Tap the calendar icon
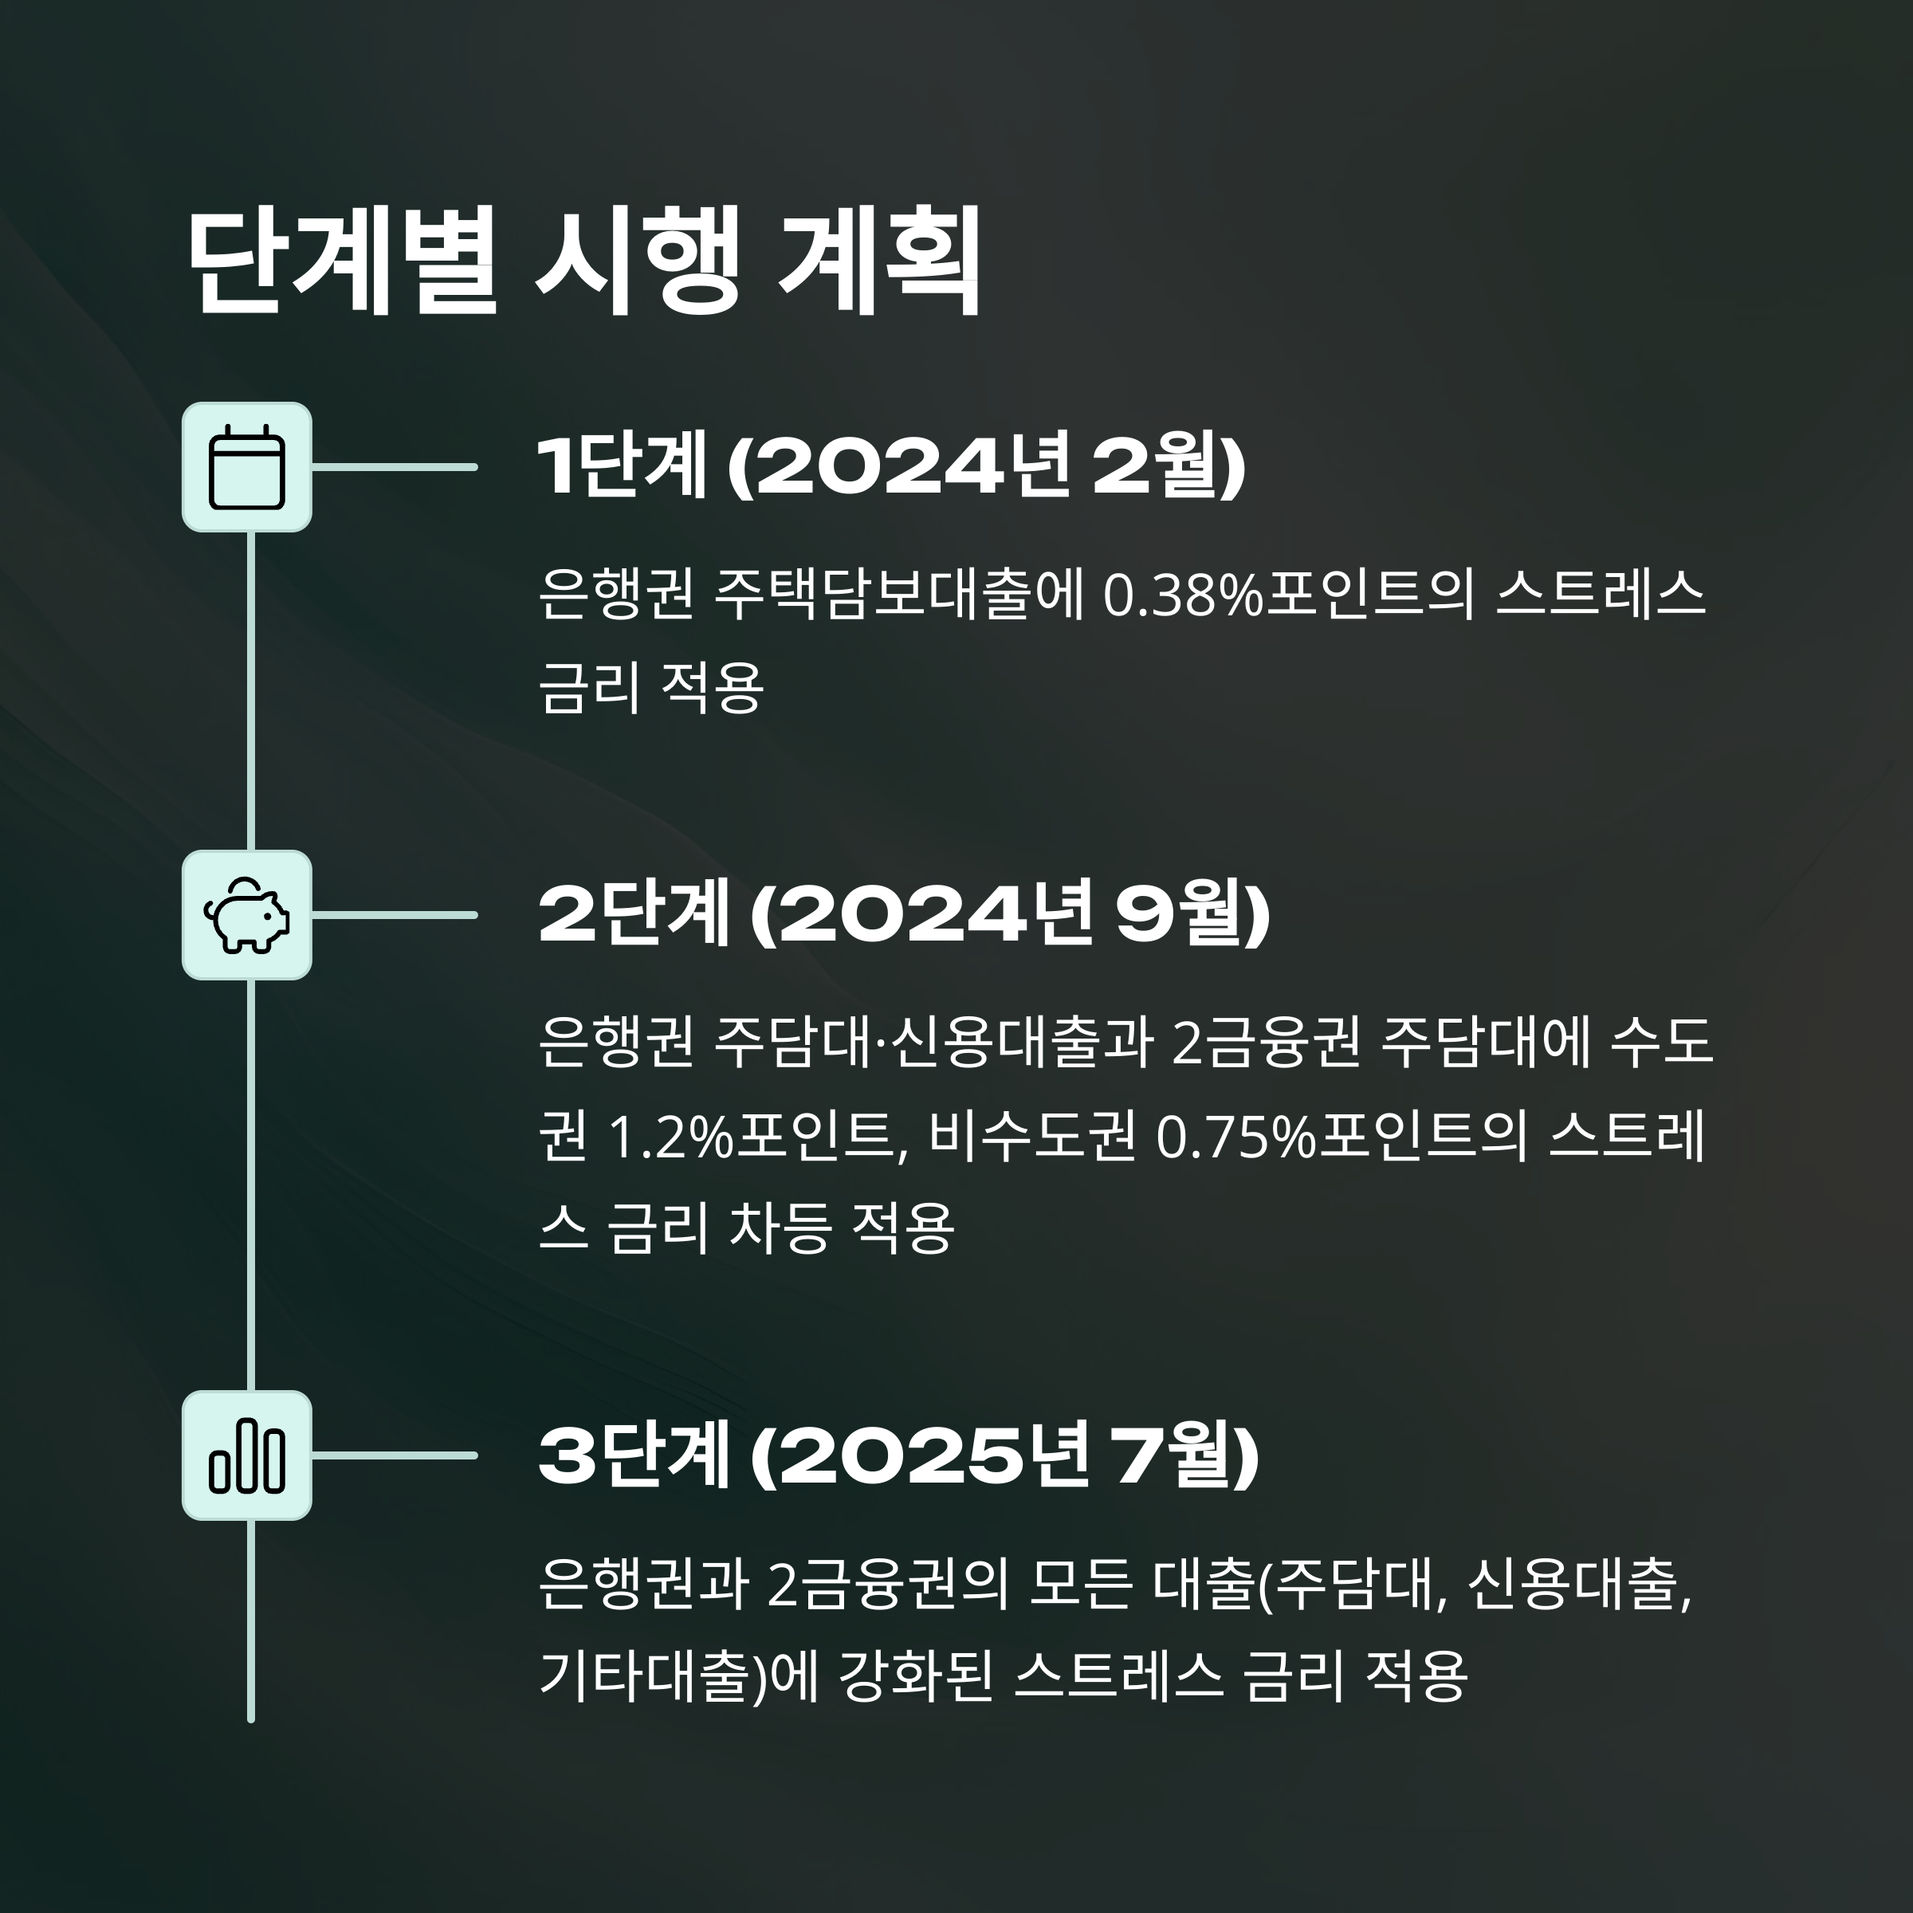246,466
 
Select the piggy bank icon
246,915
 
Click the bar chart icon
246,1455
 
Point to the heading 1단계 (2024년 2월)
890,466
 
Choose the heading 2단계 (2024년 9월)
903,915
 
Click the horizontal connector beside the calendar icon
394,466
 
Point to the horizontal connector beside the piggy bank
394,915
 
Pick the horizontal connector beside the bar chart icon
394,1455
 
